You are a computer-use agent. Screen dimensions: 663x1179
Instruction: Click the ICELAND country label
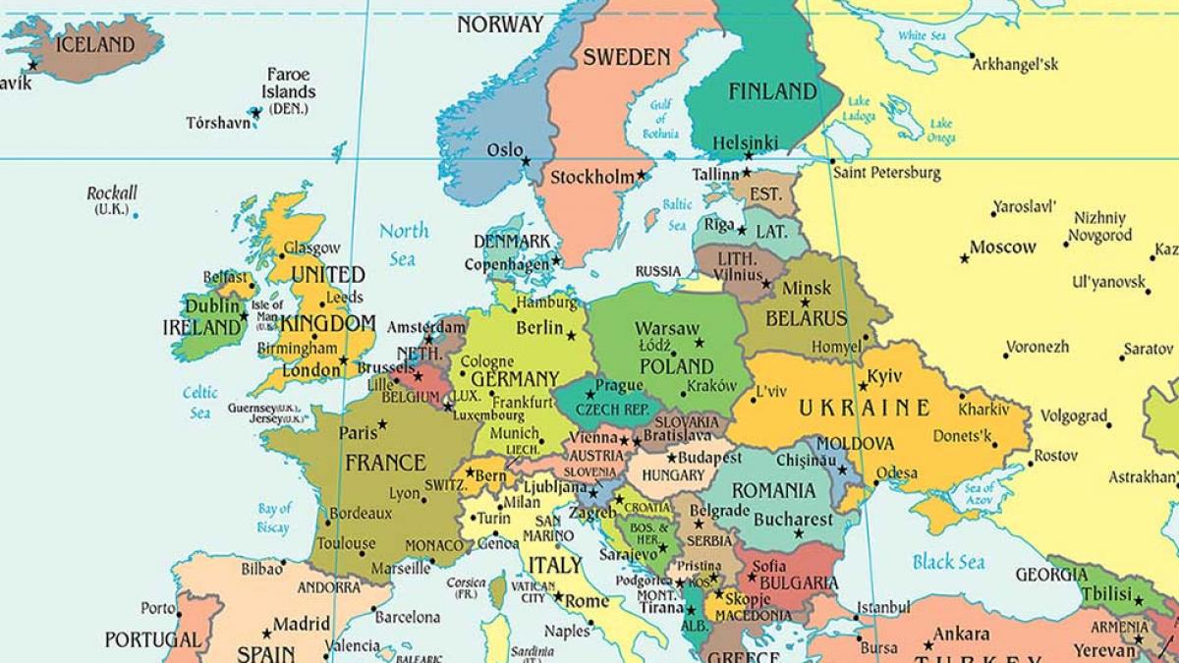tap(94, 44)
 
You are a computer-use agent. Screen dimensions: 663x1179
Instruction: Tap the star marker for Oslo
tap(527, 161)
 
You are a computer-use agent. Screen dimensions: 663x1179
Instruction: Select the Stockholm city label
tap(591, 178)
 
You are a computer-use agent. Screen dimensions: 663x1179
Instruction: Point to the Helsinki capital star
tap(748, 155)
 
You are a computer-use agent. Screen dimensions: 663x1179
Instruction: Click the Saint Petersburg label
tap(886, 173)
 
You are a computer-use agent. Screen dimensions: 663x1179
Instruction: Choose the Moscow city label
tap(1002, 248)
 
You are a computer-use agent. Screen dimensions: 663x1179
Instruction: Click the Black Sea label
tap(948, 562)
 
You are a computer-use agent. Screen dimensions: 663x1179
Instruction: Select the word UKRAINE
tap(864, 408)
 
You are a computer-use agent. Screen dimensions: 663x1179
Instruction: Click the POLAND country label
tap(676, 365)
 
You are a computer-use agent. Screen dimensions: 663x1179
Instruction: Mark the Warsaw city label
tap(667, 328)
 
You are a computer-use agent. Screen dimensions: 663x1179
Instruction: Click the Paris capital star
tap(382, 424)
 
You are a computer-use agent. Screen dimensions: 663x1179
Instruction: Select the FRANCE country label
tap(384, 462)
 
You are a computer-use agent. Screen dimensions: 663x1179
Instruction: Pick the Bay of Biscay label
tap(275, 518)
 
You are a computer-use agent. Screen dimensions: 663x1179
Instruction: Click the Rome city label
tap(588, 601)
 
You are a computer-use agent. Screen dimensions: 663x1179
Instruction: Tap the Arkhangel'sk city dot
tap(972, 55)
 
